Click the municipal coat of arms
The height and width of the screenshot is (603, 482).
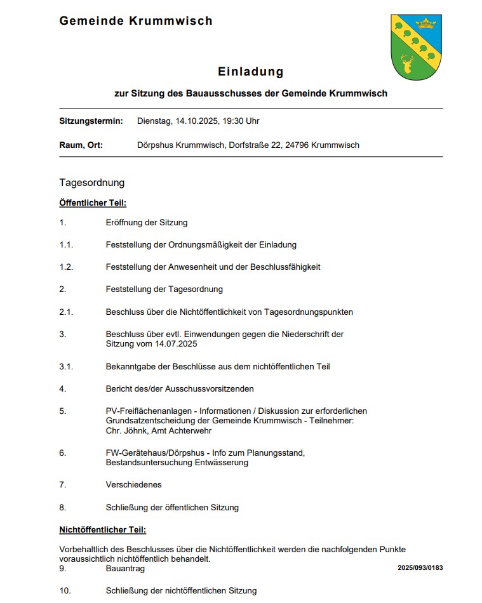tap(416, 47)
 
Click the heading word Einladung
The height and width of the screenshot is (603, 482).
tap(251, 72)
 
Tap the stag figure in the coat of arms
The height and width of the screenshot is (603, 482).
tap(407, 64)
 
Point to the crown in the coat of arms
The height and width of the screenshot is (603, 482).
tap(426, 24)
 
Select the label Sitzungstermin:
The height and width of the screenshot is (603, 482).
tap(91, 121)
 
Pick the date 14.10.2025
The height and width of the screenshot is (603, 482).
tap(194, 121)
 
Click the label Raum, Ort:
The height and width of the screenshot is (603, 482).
tap(81, 145)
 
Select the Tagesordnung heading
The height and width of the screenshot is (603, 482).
tap(92, 183)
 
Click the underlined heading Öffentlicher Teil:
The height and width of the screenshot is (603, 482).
tap(93, 203)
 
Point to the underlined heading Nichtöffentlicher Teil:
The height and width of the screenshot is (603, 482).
tap(102, 529)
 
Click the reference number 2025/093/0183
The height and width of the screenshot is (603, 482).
tap(420, 567)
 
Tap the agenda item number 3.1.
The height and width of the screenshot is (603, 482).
tap(66, 366)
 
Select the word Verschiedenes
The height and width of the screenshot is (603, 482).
tap(133, 484)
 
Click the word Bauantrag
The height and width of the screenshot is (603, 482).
tap(125, 569)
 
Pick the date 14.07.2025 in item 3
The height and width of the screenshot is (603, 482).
tap(175, 344)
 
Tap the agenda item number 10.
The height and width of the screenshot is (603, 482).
tap(65, 590)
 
